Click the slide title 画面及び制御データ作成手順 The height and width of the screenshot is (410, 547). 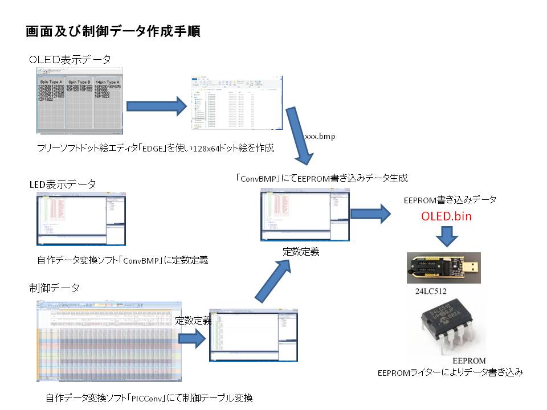point(112,31)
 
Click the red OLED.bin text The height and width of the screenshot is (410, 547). point(446,216)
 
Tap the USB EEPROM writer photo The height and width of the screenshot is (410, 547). point(443,268)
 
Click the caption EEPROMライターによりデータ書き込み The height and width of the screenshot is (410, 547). point(450,373)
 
